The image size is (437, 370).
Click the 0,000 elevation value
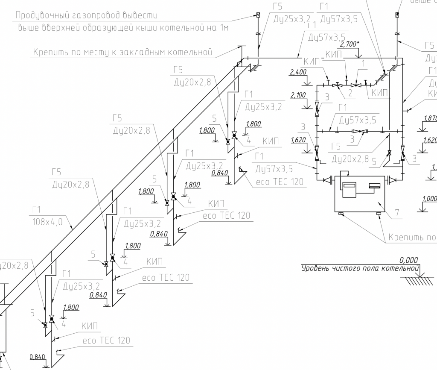[x=408, y=260]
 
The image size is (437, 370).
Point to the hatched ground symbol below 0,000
[x=419, y=280]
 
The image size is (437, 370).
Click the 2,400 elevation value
[x=298, y=72]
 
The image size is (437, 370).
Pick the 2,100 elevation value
[x=298, y=95]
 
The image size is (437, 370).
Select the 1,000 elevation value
[x=429, y=199]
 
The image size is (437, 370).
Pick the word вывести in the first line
[x=140, y=16]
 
